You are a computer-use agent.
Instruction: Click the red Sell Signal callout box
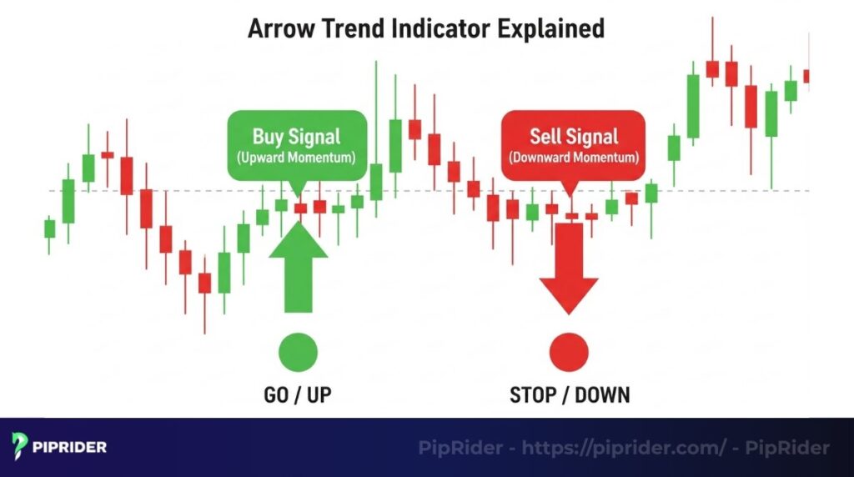tap(573, 145)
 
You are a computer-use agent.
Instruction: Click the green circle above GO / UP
tap(299, 350)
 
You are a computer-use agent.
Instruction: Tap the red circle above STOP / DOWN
tap(570, 350)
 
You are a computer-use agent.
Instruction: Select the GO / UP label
tap(299, 394)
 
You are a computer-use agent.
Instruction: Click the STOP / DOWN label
tap(570, 394)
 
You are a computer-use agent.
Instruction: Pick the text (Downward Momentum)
tap(573, 158)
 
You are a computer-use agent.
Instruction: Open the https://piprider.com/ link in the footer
tap(625, 448)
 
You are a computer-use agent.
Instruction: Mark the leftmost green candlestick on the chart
tap(49, 228)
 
